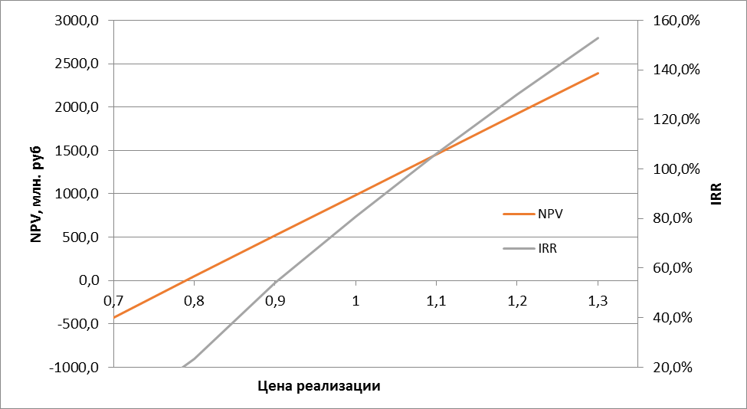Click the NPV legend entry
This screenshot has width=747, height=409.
(x=550, y=214)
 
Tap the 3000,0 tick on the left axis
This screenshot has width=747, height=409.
(x=77, y=21)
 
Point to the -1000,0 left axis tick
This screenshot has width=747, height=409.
(x=75, y=367)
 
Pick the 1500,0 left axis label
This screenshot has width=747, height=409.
(x=77, y=151)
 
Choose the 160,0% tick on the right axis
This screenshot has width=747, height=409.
(x=670, y=21)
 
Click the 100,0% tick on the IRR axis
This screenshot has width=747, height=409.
(x=670, y=169)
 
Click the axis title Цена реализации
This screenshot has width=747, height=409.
(x=318, y=385)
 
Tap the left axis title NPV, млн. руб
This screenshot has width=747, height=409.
(x=35, y=193)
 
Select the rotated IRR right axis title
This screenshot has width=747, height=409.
(x=716, y=194)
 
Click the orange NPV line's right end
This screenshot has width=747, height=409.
(x=598, y=73)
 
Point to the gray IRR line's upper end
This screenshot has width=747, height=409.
(x=598, y=38)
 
